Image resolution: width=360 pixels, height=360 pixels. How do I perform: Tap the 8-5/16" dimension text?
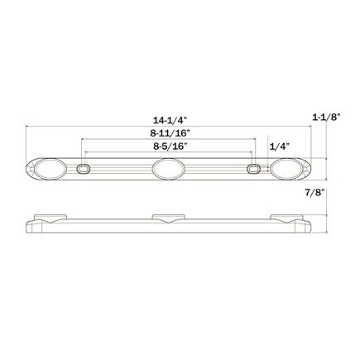[169, 146]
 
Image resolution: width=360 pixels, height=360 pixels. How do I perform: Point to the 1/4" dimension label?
[279, 146]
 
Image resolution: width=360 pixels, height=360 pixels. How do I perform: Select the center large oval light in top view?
[168, 170]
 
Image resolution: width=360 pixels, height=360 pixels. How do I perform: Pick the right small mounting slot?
[254, 170]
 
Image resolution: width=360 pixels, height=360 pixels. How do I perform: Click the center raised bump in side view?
[168, 219]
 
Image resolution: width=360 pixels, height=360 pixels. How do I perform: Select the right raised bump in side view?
[291, 219]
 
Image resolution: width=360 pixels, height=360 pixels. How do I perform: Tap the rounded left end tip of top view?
[28, 170]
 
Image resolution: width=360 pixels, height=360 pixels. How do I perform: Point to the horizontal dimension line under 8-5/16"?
[124, 153]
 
